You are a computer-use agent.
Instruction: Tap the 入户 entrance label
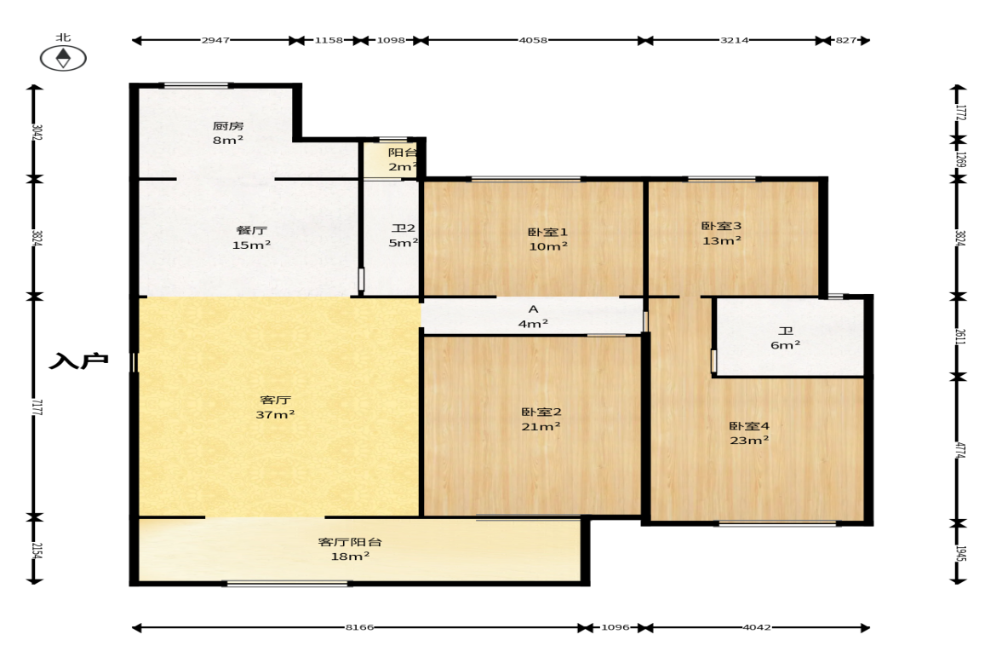pos(78,361)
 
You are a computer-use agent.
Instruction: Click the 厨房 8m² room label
pos(228,132)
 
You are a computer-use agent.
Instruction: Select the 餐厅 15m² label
pos(251,237)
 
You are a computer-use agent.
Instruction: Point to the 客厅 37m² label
pos(275,407)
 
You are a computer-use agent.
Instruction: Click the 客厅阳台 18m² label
pos(350,549)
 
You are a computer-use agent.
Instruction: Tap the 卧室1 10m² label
pos(547,239)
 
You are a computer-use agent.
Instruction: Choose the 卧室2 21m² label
pos(541,419)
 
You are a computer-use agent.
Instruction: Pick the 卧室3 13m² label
pos(721,234)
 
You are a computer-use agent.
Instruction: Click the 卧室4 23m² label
pos(749,433)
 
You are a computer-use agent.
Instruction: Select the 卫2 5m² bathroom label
pos(404,235)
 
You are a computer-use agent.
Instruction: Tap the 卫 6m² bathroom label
pos(786,337)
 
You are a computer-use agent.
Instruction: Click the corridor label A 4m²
pos(533,316)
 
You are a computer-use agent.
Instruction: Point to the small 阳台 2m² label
pos(403,160)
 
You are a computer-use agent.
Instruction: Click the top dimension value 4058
pos(533,40)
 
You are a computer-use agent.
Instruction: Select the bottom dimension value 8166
pos(359,627)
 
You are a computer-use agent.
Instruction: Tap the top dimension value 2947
pos(215,40)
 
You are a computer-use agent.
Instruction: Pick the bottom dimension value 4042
pos(757,627)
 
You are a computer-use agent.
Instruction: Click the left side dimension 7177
pos(37,407)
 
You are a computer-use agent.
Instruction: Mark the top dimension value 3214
pos(734,40)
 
